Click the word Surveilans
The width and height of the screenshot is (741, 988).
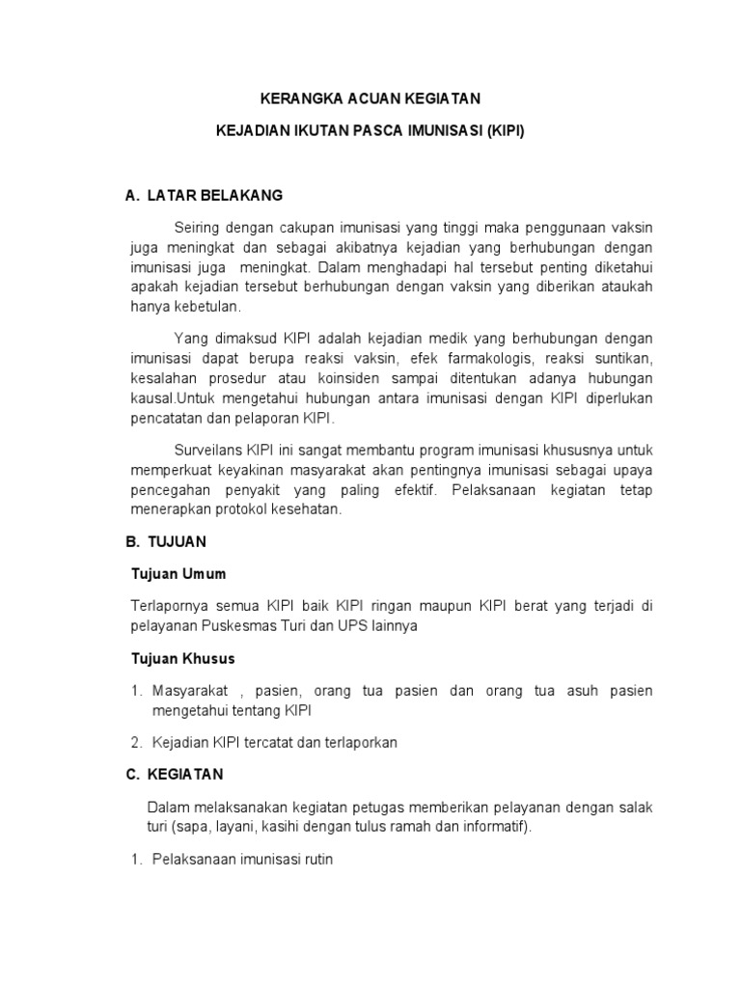pos(206,451)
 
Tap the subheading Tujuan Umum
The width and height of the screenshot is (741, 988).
pos(178,574)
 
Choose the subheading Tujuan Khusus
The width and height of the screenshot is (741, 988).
pos(183,659)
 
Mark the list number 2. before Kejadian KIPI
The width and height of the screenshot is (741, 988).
pos(136,742)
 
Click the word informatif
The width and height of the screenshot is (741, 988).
pos(488,827)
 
